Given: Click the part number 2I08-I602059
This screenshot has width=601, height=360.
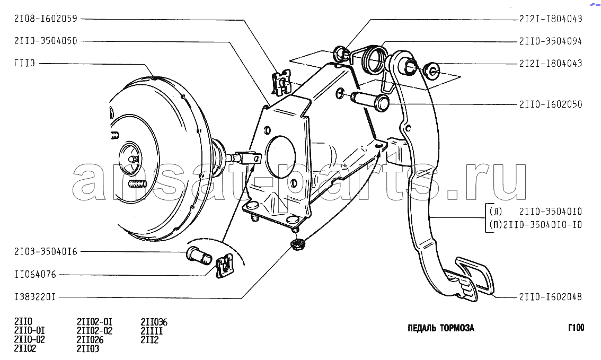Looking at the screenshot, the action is point(46,19).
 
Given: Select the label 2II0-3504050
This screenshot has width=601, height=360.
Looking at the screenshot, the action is point(46,41).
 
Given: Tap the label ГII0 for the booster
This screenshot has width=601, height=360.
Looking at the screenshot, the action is point(24,63).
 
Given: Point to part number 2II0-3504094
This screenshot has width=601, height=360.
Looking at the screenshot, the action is point(551,41).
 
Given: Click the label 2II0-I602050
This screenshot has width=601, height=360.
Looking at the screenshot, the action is point(551,104).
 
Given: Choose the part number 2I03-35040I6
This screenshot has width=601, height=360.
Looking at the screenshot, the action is point(46,252).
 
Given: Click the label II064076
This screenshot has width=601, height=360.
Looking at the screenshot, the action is point(36,275).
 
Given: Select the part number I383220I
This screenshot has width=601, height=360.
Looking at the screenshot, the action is point(36,297).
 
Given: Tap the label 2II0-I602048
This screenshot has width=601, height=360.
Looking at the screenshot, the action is point(551,297).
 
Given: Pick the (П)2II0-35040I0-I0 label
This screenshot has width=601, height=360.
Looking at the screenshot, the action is point(535,225).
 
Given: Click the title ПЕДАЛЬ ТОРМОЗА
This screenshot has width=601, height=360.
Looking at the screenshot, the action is point(441,328).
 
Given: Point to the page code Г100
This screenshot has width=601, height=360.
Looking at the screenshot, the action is point(576,328).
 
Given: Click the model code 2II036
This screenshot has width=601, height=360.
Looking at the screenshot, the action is point(154,322).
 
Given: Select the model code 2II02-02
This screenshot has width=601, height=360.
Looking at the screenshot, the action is point(95,331).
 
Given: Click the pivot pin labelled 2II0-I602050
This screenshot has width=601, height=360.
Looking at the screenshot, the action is point(370,101).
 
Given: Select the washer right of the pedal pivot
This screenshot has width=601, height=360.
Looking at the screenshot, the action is point(432,70).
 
